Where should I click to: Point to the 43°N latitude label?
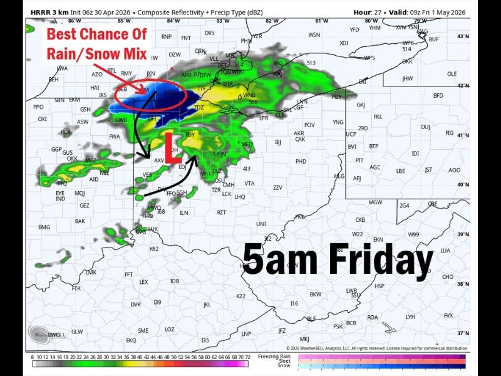463,37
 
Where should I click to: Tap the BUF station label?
433,39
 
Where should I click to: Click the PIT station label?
359,160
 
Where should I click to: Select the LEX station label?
144,282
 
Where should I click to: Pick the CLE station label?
280,115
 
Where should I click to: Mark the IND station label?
60,199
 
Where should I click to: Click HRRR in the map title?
39,12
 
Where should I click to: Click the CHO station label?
448,276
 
